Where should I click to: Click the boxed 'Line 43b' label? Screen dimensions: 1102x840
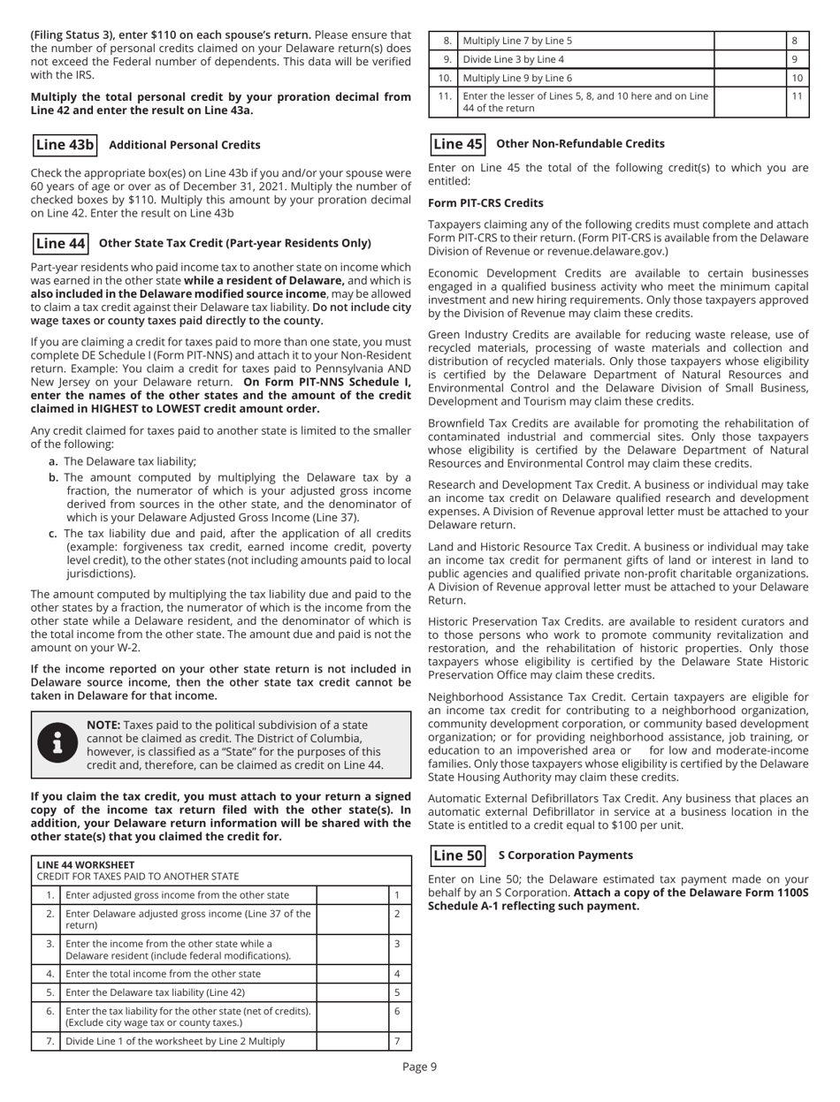point(64,144)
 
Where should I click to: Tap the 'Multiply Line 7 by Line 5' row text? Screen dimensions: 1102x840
point(517,40)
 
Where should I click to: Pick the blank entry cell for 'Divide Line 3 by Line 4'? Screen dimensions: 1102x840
point(748,61)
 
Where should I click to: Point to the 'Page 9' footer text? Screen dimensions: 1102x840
point(420,1068)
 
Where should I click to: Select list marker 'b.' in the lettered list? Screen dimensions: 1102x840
point(54,477)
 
